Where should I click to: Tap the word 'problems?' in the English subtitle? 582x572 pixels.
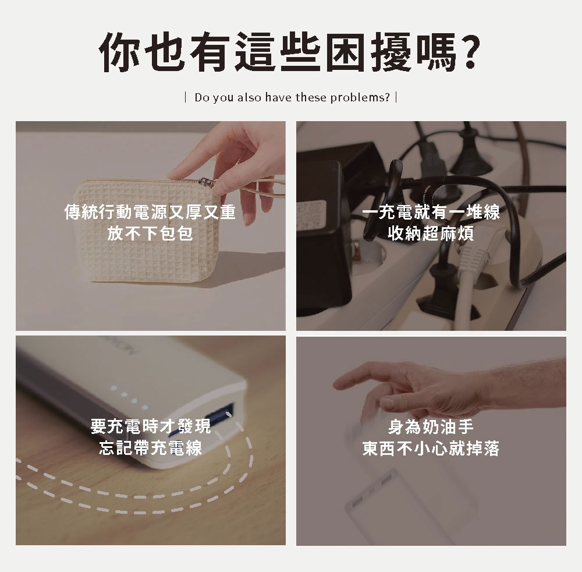(x=360, y=98)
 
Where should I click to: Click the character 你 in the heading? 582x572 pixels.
(x=119, y=52)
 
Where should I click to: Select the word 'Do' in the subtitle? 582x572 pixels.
(x=202, y=97)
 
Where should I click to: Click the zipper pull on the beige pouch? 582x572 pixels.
(x=206, y=182)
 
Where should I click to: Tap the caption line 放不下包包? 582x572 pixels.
(x=150, y=234)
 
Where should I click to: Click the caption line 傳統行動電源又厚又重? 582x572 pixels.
(x=150, y=212)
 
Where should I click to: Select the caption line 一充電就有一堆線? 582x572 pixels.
(x=431, y=212)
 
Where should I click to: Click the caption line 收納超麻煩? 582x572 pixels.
(x=431, y=234)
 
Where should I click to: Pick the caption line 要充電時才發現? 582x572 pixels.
(x=150, y=426)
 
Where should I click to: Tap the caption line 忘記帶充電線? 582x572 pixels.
(x=150, y=447)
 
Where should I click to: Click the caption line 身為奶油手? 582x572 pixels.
(x=431, y=426)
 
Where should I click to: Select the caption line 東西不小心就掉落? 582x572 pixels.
(x=431, y=448)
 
